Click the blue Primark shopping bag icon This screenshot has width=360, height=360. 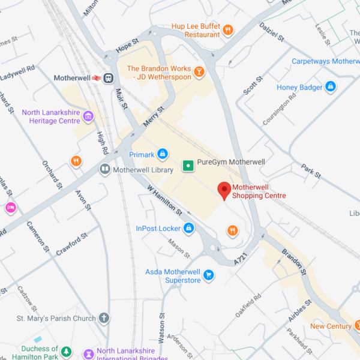coord(162,155)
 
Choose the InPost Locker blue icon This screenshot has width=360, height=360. coord(188,228)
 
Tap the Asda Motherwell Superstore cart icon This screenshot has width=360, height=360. coord(209,275)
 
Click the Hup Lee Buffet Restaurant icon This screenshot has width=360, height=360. coord(227,30)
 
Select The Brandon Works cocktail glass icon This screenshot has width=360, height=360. coord(199,73)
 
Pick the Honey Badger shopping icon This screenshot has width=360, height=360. coord(330,88)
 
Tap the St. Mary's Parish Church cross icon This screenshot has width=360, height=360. coord(104,318)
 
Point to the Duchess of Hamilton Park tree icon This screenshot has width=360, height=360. coord(67,352)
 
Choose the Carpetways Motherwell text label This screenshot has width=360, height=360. coord(324,61)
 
